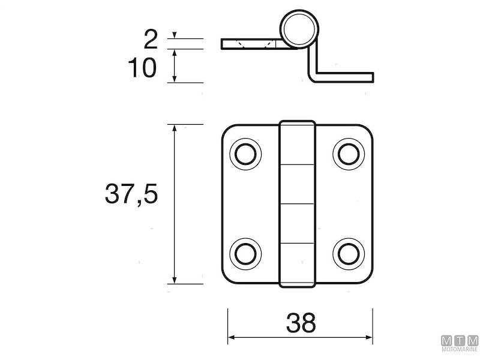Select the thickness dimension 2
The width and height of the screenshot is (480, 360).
point(151,40)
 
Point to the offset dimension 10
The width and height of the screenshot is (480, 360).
point(142,68)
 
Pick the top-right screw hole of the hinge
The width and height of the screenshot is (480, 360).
point(349,154)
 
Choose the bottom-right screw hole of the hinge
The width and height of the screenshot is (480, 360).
point(349,253)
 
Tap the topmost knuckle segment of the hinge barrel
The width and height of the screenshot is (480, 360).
point(298,143)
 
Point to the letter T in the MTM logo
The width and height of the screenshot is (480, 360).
point(459,338)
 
